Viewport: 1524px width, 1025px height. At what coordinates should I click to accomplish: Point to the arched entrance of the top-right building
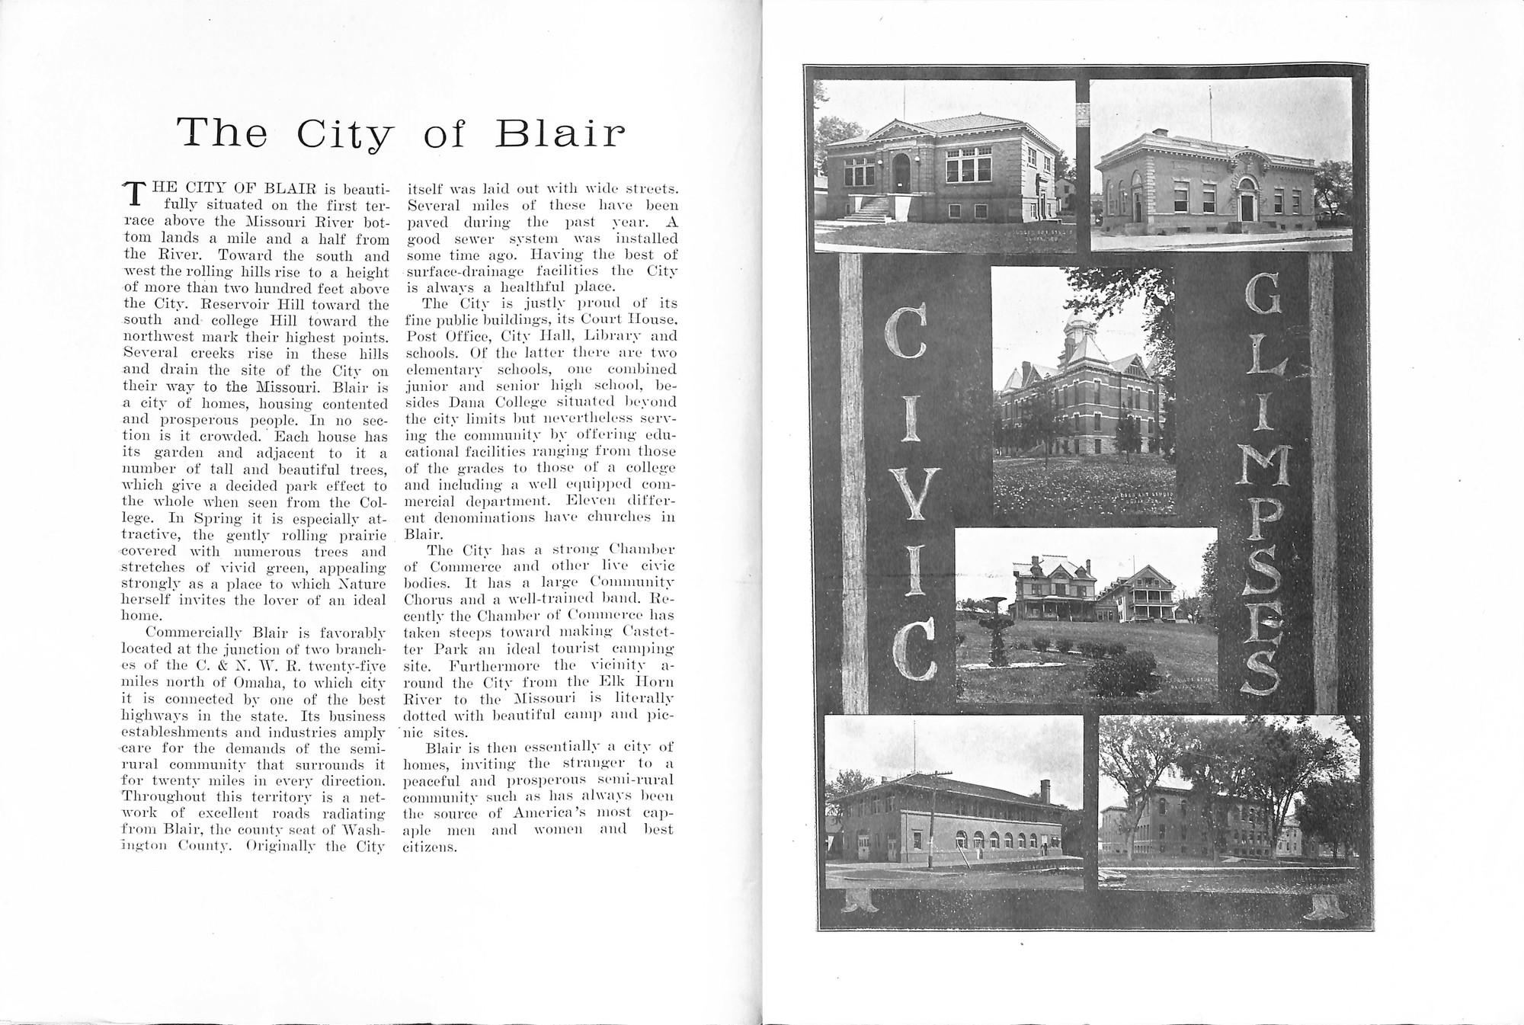point(1247,200)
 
